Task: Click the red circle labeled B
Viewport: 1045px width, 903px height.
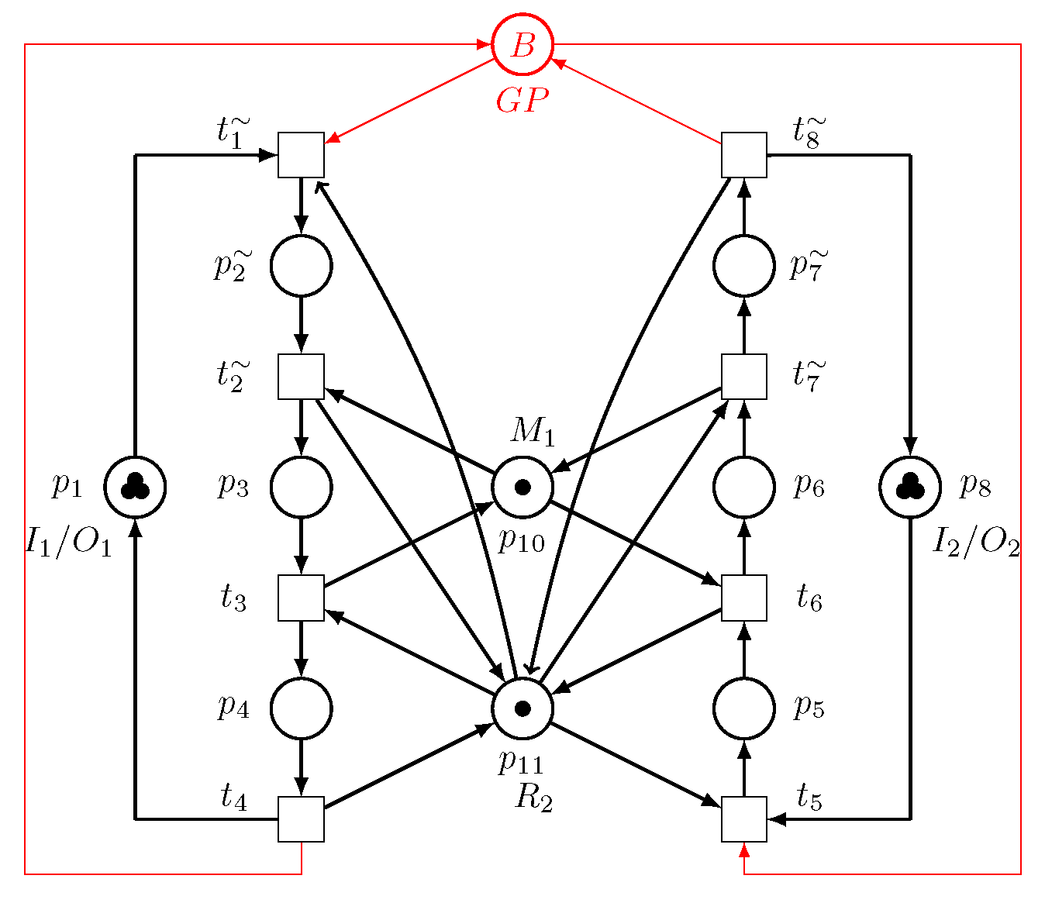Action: point(522,45)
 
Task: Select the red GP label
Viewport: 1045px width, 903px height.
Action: point(522,101)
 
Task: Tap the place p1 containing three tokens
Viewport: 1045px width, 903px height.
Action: point(135,487)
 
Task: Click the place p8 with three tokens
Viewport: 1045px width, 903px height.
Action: point(909,487)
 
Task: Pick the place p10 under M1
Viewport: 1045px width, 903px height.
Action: point(522,487)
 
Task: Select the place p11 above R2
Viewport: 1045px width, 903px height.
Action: point(522,708)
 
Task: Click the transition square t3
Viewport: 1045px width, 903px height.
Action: point(301,598)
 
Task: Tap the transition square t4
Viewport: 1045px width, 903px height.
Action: point(301,819)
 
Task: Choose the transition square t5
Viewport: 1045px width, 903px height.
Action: point(743,819)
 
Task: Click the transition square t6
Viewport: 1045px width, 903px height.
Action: point(743,598)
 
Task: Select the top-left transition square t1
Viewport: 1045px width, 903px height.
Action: point(301,155)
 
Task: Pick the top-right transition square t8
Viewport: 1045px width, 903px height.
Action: point(743,155)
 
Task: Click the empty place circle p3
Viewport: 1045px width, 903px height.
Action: point(301,487)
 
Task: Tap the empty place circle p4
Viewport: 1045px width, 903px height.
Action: point(301,708)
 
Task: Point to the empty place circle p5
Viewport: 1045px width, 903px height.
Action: point(743,708)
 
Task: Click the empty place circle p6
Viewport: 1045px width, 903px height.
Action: point(743,487)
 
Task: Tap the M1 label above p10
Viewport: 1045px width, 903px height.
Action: point(533,431)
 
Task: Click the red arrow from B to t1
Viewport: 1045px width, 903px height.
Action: point(411,100)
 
